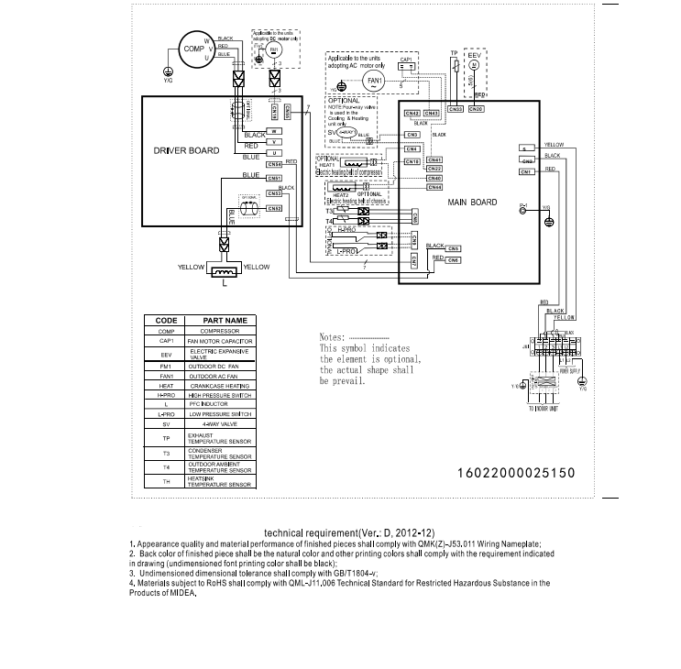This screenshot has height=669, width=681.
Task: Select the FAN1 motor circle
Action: pos(374,81)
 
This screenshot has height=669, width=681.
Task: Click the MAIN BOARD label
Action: pos(472,202)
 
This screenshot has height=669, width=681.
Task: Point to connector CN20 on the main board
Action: pos(476,109)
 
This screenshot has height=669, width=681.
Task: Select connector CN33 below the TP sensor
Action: pos(455,109)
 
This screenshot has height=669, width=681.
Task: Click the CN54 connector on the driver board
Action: pos(273,164)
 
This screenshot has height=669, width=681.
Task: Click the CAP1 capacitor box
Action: pos(407,66)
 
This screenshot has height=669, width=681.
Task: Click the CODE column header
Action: pos(166,322)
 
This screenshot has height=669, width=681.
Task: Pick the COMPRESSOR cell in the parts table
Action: pos(219,331)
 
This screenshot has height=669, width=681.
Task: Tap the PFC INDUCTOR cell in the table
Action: pos(219,404)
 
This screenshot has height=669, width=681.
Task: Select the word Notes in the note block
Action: pos(332,337)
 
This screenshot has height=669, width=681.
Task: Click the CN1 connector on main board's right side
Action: pos(526,171)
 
